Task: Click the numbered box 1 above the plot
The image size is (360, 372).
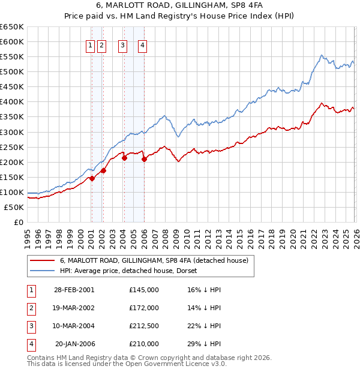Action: point(91,45)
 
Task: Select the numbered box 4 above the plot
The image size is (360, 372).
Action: point(143,45)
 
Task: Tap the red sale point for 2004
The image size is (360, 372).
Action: point(124,158)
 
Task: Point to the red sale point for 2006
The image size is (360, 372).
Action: point(144,159)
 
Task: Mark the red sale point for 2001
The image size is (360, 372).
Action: point(92,178)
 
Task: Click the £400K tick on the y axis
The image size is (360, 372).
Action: point(11,102)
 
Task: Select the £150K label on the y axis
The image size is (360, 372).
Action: point(11,177)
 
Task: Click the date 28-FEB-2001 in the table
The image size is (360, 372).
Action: point(74,290)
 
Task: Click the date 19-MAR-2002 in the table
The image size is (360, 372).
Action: point(74,308)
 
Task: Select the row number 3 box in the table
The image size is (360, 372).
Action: point(31,326)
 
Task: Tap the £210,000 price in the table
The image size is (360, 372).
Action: point(144,344)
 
